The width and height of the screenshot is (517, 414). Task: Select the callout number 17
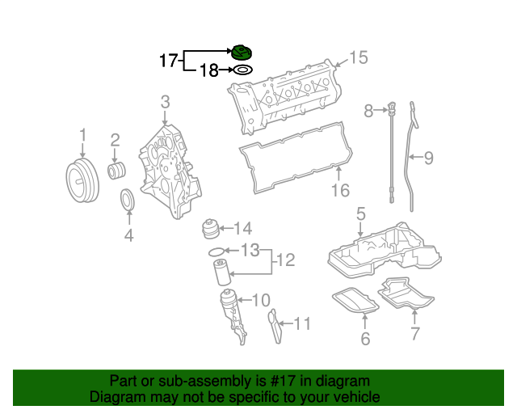(x=168, y=60)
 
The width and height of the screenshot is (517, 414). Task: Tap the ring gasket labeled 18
(x=241, y=70)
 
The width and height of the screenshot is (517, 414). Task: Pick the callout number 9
(x=428, y=158)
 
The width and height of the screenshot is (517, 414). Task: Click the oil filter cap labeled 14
(x=212, y=229)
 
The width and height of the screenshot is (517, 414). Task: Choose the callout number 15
(x=358, y=57)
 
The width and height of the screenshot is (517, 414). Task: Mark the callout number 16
(x=340, y=191)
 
